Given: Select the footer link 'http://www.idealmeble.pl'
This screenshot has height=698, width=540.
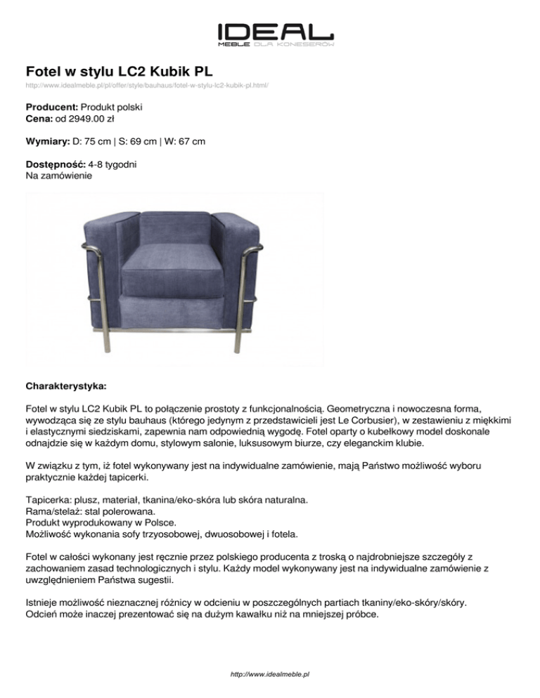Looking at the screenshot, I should click(x=271, y=675).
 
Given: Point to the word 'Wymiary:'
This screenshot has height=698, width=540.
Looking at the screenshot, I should click(x=48, y=142).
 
